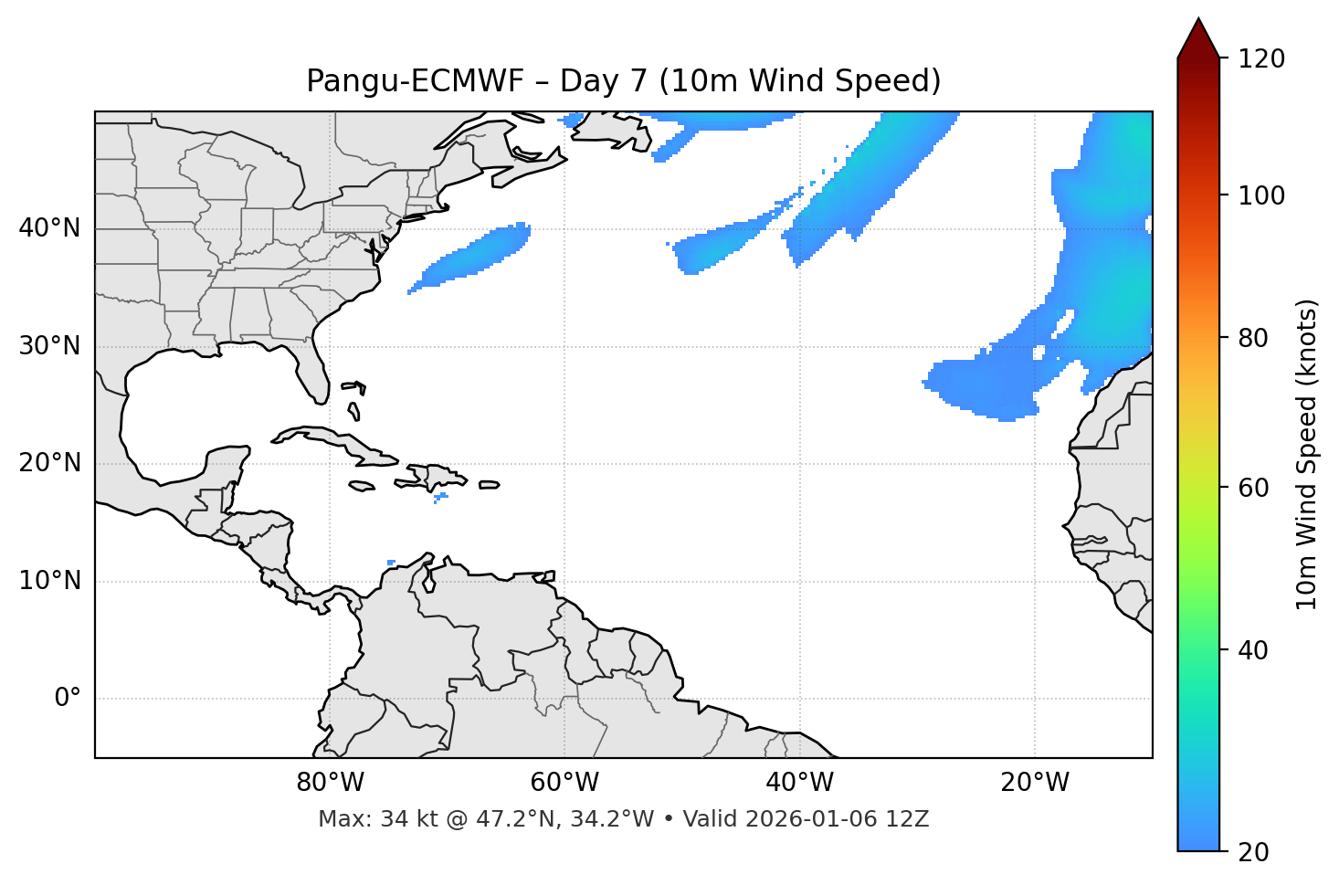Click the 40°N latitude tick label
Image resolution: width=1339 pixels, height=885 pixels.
pyautogui.click(x=49, y=228)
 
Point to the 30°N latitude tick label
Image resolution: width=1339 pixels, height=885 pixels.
pyautogui.click(x=49, y=346)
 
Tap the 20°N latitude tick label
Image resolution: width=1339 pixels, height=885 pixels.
pyautogui.click(x=49, y=463)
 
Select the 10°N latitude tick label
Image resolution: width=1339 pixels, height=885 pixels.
pyautogui.click(x=49, y=581)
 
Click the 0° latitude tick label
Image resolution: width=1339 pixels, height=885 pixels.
pyautogui.click(x=68, y=699)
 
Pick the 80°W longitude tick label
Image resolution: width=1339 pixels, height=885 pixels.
pyautogui.click(x=330, y=783)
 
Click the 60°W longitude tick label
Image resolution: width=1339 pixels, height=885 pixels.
pyautogui.click(x=564, y=783)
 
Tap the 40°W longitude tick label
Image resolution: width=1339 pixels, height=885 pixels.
pyautogui.click(x=799, y=783)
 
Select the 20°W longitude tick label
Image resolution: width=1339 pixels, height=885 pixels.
pyautogui.click(x=1035, y=783)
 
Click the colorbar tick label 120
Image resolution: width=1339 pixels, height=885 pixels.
pyautogui.click(x=1260, y=59)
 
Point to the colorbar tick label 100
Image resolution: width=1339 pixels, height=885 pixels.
pyautogui.click(x=1260, y=195)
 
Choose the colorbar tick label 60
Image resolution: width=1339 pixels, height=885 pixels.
pyautogui.click(x=1253, y=488)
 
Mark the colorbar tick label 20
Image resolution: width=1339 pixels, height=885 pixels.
pyautogui.click(x=1253, y=852)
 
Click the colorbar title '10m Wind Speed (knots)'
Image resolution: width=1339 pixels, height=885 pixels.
pyautogui.click(x=1307, y=455)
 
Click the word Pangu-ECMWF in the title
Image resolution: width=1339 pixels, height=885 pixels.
pyautogui.click(x=415, y=81)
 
